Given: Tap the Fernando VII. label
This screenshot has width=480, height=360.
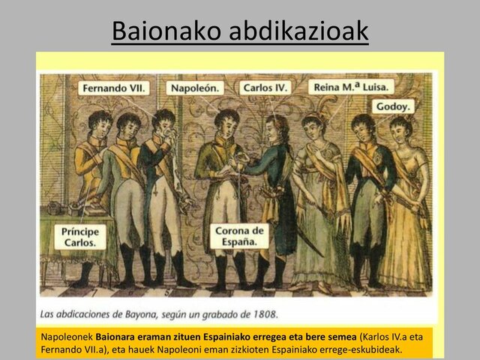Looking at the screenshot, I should [113, 88].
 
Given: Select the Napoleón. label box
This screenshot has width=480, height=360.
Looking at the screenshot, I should [196, 88].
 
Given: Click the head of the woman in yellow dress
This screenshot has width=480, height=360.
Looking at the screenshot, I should [400, 125].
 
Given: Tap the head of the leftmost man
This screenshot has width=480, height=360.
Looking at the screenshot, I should [99, 121].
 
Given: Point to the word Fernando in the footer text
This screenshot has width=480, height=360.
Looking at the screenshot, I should [61, 349].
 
